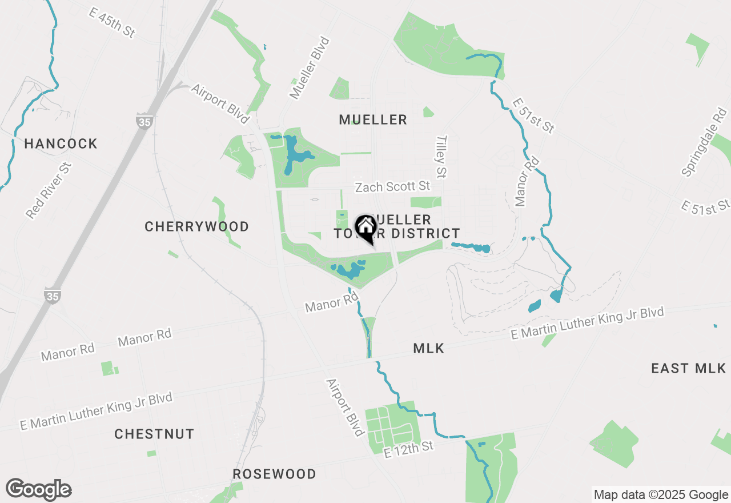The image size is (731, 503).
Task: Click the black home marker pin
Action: [x=365, y=228]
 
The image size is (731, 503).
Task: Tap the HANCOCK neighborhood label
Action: [x=61, y=143]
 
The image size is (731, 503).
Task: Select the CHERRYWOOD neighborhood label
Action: [x=196, y=226]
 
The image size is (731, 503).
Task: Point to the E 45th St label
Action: [x=112, y=22]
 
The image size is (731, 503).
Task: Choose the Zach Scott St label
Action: [x=392, y=187]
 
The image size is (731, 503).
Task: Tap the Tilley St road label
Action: [x=441, y=155]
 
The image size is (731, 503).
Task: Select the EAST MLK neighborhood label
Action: [x=688, y=368]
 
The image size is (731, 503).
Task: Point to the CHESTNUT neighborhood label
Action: [x=154, y=434]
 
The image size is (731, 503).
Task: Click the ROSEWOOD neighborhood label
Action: [x=274, y=474]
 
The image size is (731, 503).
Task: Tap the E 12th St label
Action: [x=409, y=449]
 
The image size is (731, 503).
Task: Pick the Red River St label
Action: [x=49, y=190]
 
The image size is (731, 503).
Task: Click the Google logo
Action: [x=38, y=489]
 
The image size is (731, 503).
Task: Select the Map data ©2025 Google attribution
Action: [x=661, y=495]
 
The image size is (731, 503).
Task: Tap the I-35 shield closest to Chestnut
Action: [x=52, y=296]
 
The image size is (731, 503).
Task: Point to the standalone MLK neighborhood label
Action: [x=428, y=348]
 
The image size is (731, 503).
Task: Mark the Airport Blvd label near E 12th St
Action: [x=346, y=407]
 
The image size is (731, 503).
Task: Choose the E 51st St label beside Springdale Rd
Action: [x=705, y=207]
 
